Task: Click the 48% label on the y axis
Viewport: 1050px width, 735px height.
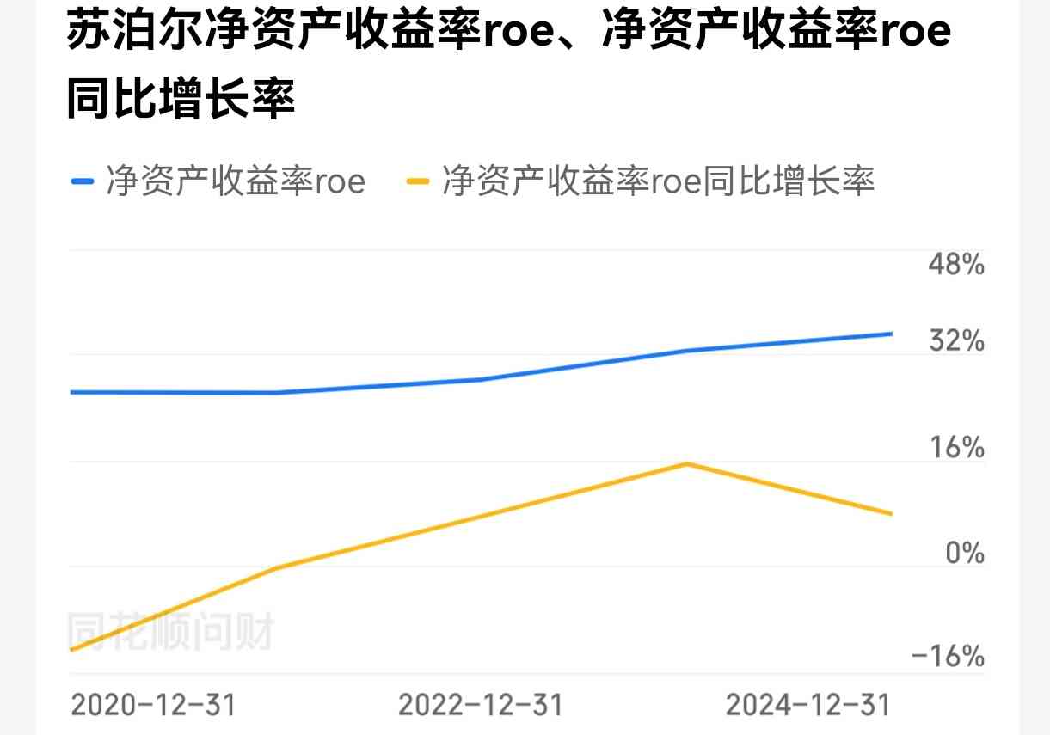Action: [x=956, y=264]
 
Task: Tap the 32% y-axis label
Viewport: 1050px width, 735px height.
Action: [x=956, y=341]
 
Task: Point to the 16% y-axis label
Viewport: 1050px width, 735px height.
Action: [x=956, y=447]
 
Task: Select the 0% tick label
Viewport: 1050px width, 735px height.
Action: [x=965, y=553]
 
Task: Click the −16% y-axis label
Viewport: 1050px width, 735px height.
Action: [x=948, y=657]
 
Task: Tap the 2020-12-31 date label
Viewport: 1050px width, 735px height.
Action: [x=153, y=705]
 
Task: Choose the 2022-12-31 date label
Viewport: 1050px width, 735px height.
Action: [x=480, y=705]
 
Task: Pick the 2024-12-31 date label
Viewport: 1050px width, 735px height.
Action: [x=807, y=705]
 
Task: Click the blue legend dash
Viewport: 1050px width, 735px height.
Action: [x=82, y=181]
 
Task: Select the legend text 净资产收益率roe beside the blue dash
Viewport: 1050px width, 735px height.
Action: [x=236, y=181]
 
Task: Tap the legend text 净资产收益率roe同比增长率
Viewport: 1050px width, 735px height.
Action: [x=658, y=181]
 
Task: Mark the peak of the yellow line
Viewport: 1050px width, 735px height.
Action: [x=686, y=464]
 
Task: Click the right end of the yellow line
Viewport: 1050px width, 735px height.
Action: [x=891, y=513]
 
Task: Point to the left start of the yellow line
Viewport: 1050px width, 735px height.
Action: [x=71, y=649]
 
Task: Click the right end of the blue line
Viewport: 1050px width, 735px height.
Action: [x=891, y=334]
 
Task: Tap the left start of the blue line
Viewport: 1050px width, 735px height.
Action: [x=71, y=392]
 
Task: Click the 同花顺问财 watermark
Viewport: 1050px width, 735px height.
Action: [x=170, y=632]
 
